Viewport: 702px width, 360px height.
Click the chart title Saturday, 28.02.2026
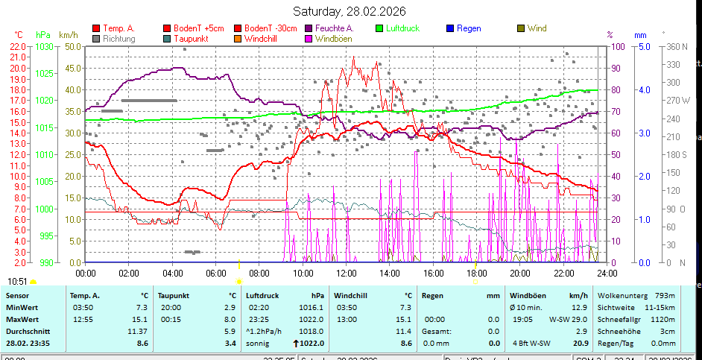[x=349, y=11]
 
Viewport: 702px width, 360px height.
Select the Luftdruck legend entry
[x=402, y=28]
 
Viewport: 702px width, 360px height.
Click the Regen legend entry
[x=468, y=28]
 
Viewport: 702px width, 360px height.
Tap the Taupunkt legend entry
[x=192, y=38]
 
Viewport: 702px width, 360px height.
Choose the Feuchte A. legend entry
[x=334, y=28]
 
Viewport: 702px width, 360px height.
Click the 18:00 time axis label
[x=477, y=274]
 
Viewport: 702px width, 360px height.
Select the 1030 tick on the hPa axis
[x=44, y=46]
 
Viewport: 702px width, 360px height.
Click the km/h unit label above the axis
[x=68, y=35]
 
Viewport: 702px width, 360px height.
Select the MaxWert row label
[x=22, y=319]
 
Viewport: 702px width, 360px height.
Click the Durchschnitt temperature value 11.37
[x=137, y=331]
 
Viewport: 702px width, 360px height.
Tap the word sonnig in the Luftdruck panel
[x=259, y=343]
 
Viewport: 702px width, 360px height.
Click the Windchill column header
[x=354, y=295]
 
